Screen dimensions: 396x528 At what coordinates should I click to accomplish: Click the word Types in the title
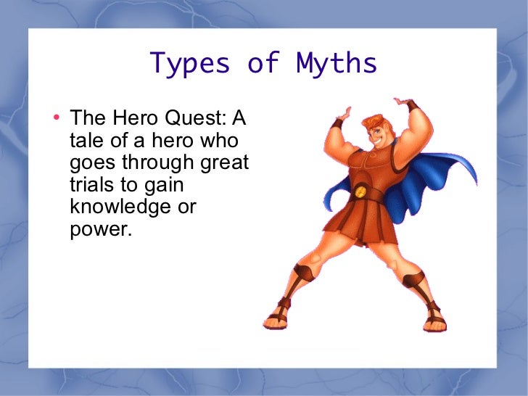click(x=190, y=64)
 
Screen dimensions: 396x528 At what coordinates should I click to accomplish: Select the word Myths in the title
click(x=337, y=64)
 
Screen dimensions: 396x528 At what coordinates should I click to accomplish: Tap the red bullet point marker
click(x=57, y=117)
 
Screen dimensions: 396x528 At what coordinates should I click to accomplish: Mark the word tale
click(x=87, y=140)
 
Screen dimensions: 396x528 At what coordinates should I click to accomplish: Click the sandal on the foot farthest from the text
click(x=434, y=317)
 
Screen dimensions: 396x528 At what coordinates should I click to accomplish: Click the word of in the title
click(x=263, y=64)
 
